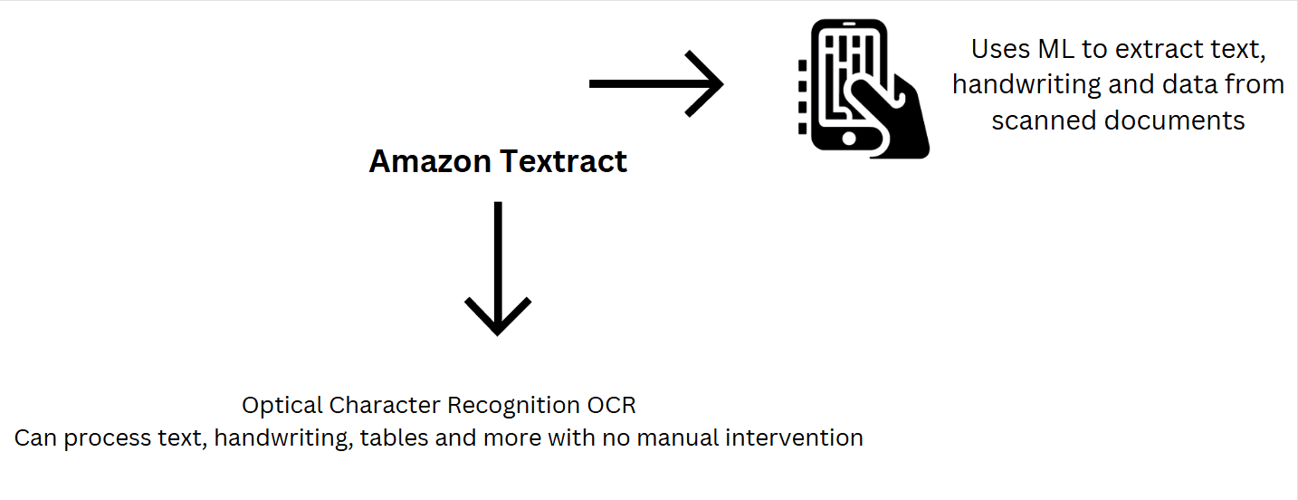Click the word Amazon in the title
(x=430, y=160)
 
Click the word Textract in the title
(x=563, y=160)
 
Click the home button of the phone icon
(x=849, y=138)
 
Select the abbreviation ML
(x=1055, y=49)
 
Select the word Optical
(x=282, y=406)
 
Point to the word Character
(x=385, y=406)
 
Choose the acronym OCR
(x=611, y=406)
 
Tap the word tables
(x=394, y=437)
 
